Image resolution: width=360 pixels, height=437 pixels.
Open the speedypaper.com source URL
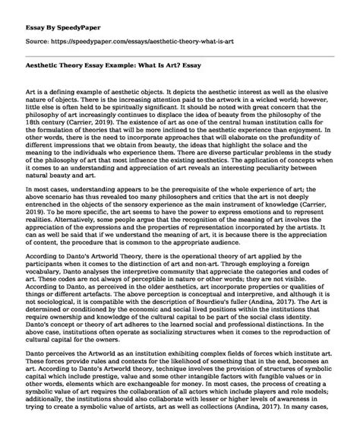pos(151,34)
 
